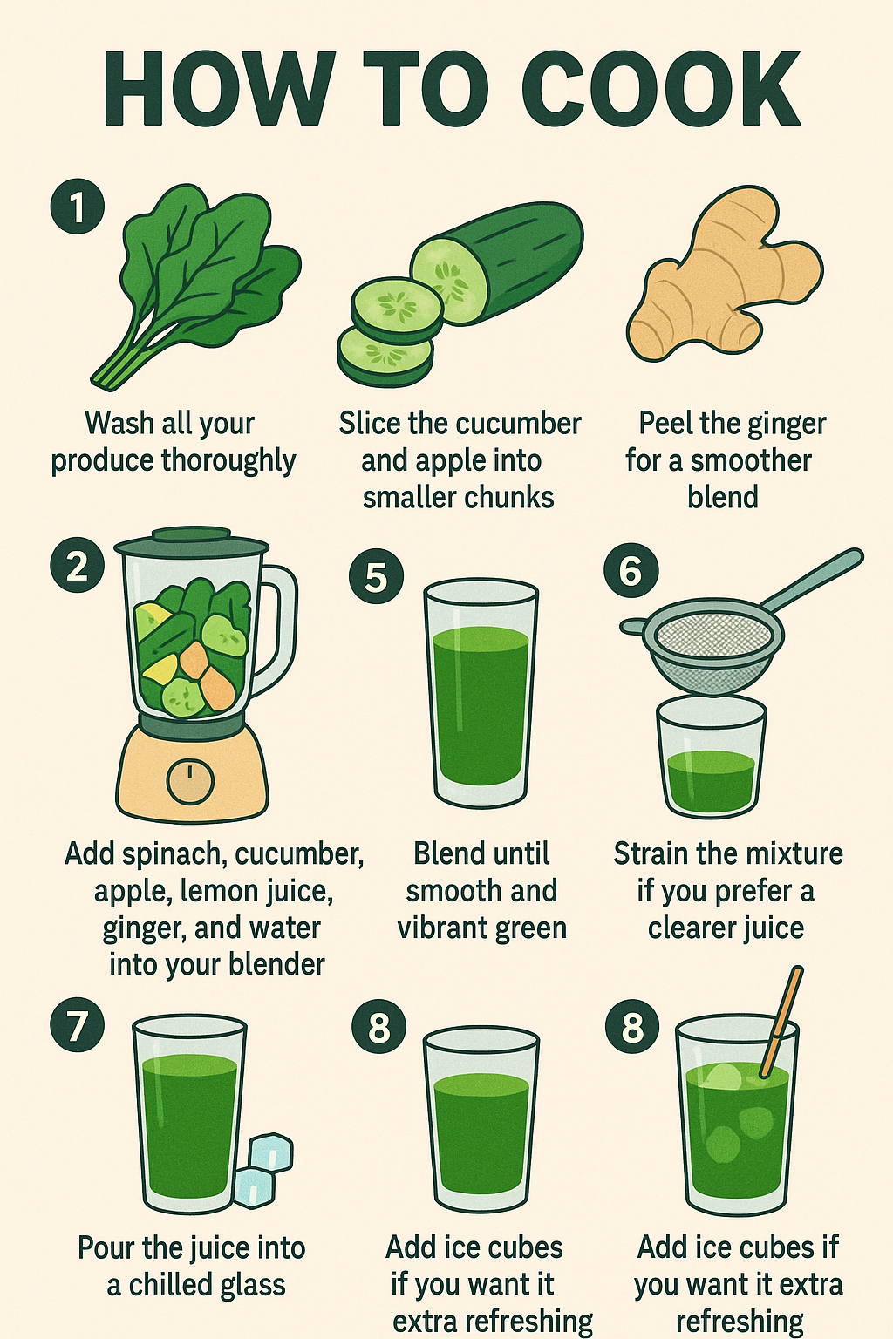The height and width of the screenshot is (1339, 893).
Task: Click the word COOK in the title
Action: click(664, 88)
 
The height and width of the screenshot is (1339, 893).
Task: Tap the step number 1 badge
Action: click(77, 207)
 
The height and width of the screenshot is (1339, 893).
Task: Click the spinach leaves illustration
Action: click(196, 286)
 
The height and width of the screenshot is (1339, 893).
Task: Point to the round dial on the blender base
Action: click(190, 781)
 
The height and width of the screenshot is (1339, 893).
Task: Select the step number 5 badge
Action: click(376, 577)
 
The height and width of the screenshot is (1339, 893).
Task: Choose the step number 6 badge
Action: click(631, 570)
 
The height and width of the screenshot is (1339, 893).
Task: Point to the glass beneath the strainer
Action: click(711, 756)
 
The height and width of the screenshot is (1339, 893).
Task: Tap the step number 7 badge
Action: click(77, 1026)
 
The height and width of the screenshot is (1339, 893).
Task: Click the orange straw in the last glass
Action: click(781, 1023)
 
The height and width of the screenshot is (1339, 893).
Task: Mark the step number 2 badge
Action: click(77, 565)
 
